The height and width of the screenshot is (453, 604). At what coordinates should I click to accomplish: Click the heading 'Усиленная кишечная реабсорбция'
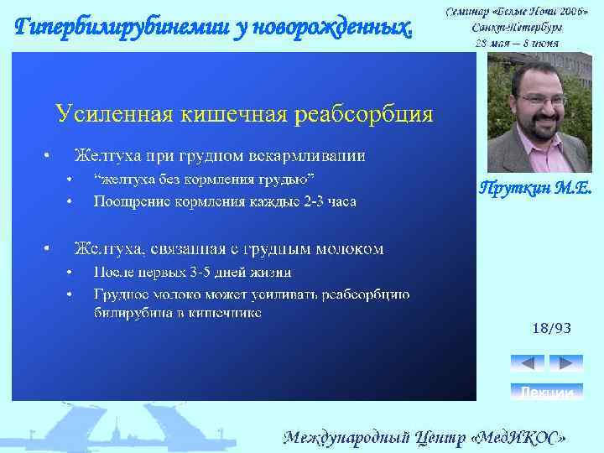point(244,113)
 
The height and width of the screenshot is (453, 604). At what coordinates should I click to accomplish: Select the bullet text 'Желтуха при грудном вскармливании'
point(220,155)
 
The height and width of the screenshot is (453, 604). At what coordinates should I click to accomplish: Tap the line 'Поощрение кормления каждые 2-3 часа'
point(225,201)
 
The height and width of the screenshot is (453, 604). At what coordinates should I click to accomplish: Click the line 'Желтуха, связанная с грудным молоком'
point(229,249)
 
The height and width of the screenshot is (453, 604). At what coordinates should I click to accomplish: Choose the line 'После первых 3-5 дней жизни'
point(192,272)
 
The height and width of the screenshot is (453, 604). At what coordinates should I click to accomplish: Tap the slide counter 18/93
point(551,329)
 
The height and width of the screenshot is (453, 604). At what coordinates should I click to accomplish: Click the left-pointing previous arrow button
point(528,363)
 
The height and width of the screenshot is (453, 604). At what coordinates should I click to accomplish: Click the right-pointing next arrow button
point(565,363)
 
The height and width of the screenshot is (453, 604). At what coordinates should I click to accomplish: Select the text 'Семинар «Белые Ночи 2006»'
point(516,11)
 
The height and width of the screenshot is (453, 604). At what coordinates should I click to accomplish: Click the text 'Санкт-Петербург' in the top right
point(516,26)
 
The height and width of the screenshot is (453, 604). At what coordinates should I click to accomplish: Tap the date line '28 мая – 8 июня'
point(516,41)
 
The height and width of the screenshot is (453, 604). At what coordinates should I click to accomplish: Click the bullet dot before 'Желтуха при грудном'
point(47,155)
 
